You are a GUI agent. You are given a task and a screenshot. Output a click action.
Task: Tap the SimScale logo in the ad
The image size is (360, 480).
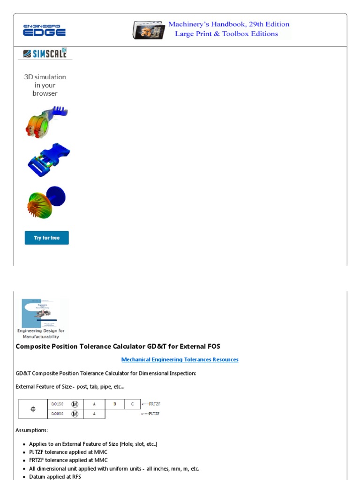click(x=45, y=53)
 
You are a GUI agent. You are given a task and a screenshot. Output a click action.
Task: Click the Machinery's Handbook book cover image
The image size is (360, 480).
click(x=149, y=30)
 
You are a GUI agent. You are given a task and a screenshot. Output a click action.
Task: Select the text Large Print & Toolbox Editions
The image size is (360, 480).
click(x=226, y=34)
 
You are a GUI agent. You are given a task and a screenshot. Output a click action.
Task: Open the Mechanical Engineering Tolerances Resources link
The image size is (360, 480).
click(x=180, y=360)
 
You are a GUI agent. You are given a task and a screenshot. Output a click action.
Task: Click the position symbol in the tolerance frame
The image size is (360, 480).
click(x=33, y=409)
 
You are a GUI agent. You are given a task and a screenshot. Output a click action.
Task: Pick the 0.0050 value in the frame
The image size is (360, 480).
click(x=57, y=414)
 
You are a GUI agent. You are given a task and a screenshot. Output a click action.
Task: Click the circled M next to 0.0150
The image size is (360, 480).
click(x=75, y=404)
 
